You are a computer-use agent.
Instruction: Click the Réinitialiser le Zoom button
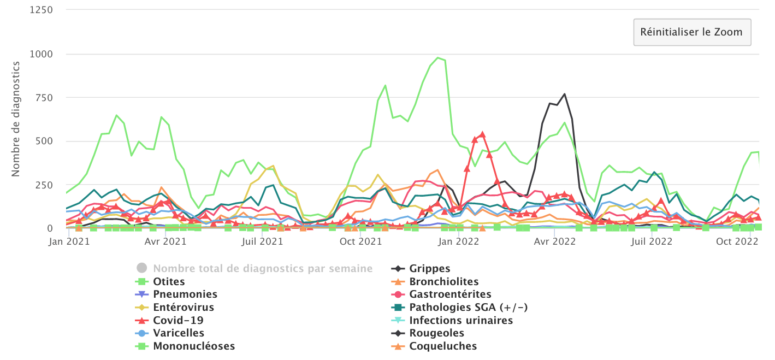(692, 32)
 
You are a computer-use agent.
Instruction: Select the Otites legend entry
(169, 282)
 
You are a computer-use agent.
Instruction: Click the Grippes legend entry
(430, 269)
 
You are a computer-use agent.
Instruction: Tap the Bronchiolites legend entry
(443, 282)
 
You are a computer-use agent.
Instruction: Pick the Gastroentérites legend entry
(450, 294)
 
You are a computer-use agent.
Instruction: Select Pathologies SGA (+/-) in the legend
(468, 307)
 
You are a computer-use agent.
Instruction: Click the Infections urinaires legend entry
(461, 320)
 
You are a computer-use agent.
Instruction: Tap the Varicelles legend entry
(179, 333)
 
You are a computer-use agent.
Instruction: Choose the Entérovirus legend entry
(184, 307)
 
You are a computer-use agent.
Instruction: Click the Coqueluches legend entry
(443, 346)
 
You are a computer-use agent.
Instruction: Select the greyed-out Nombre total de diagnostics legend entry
(263, 269)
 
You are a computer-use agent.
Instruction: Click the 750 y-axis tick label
(44, 98)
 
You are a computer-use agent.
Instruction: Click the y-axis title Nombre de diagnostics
(16, 119)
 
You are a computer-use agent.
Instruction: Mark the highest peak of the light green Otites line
(437, 57)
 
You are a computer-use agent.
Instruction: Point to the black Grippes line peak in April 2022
(564, 94)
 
